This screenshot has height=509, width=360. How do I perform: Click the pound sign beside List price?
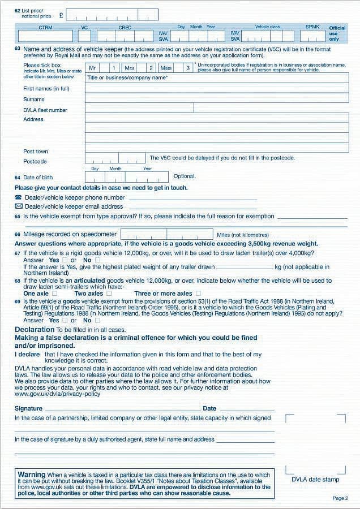pos(61,14)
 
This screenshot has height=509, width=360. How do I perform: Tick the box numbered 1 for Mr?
pos(113,68)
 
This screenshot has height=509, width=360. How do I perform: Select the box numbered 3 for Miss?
pos(188,68)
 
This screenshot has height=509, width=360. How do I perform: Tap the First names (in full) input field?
pos(216,88)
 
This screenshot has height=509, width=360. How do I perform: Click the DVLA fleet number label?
pos(45,110)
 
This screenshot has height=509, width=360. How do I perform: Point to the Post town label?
pos(36,152)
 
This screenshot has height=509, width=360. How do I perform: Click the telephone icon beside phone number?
pos(18,197)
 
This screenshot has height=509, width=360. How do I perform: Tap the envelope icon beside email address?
pos(18,206)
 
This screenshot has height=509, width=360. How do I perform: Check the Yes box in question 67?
pos(64,260)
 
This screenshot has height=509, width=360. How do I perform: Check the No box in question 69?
pos(97,320)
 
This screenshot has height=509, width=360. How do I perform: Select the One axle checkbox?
pos(54,294)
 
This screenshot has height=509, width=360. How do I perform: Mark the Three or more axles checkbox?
pos(198,294)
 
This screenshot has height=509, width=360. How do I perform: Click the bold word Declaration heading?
pos(35,329)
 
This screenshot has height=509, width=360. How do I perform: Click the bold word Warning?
pos(32,475)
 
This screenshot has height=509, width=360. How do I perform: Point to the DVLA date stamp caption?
pos(315,480)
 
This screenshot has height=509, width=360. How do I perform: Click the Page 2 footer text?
pos(340,498)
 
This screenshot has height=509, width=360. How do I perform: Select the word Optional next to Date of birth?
pos(185,176)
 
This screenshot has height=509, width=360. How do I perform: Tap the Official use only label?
pos(337,33)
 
